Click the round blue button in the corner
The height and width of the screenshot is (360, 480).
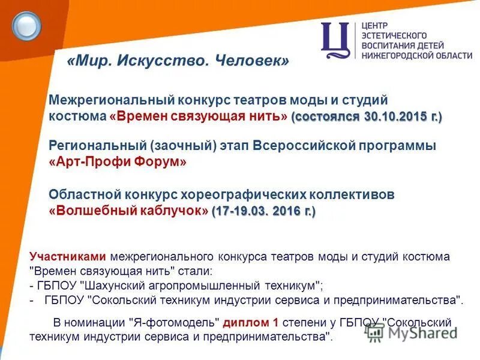click(26, 26)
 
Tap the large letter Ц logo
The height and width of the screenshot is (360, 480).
click(335, 40)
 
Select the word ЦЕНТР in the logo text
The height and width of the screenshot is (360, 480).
click(376, 26)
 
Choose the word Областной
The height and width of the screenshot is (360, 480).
click(85, 195)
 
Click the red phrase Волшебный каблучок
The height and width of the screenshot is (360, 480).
click(128, 211)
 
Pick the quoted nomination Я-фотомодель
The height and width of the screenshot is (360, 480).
click(175, 323)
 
